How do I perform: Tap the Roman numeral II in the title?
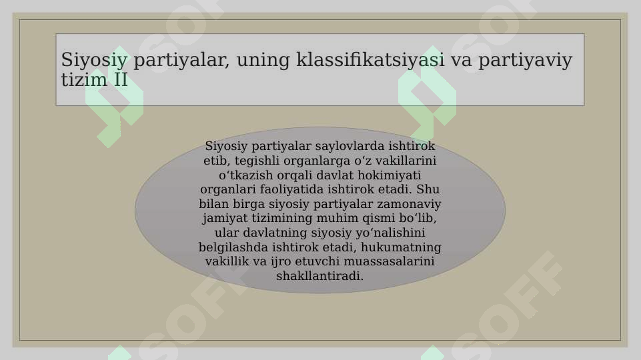click(x=120, y=80)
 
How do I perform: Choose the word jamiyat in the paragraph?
click(x=224, y=218)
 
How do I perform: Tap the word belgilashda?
click(x=231, y=247)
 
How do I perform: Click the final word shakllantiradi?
click(x=320, y=276)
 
